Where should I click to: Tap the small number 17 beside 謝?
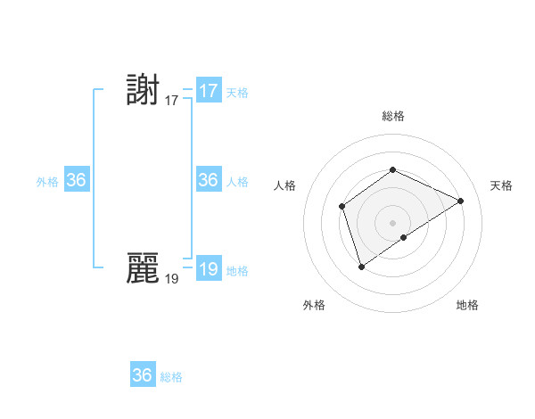click(172, 101)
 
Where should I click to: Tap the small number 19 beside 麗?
click(172, 278)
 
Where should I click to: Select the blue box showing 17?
click(209, 91)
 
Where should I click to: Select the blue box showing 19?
click(209, 269)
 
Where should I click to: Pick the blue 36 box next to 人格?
click(209, 180)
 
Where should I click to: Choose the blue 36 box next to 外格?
click(77, 180)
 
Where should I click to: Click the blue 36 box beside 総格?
click(143, 375)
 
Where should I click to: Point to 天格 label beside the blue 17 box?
click(237, 93)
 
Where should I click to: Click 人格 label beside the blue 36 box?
click(237, 182)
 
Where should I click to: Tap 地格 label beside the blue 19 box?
click(237, 271)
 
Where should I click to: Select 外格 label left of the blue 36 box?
click(47, 182)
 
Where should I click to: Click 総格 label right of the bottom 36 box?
click(171, 377)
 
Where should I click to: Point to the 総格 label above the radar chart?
click(392, 116)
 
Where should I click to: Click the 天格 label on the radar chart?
click(502, 185)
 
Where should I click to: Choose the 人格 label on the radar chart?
click(285, 185)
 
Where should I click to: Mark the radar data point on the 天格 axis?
click(461, 201)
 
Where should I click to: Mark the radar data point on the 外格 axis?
click(361, 266)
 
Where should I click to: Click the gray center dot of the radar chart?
click(392, 223)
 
